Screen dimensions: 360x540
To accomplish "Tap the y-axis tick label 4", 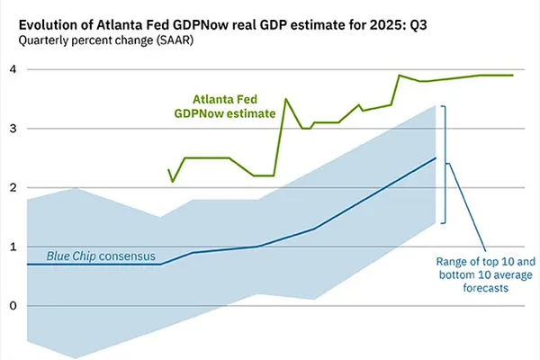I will coord(13,69).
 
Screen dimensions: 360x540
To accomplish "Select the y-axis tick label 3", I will coord(13,129).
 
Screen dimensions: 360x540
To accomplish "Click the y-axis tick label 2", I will coord(13,187).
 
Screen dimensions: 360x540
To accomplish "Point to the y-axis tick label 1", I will coord(13,247).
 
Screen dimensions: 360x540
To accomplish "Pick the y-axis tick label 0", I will coord(13,306).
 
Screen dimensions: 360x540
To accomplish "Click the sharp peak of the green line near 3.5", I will coord(285,99).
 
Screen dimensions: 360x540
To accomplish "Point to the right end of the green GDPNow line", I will coord(512,76).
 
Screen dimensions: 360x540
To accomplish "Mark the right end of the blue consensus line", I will coord(436,158).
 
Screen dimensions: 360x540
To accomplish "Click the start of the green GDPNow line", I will coord(168,169).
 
